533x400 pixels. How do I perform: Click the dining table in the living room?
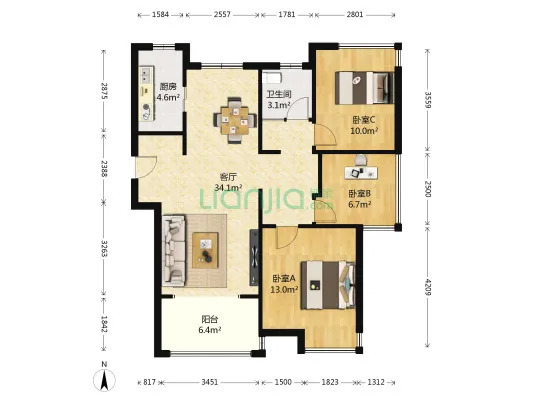pyautogui.click(x=235, y=120)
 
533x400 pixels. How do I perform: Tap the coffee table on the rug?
pyautogui.click(x=205, y=250)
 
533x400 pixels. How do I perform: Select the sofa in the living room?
pyautogui.click(x=174, y=250)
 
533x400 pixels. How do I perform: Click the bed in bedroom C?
pyautogui.click(x=364, y=88)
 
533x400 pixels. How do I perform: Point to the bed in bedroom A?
pyautogui.click(x=328, y=285)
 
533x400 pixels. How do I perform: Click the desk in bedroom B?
pyautogui.click(x=361, y=173)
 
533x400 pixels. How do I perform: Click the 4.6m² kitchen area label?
pyautogui.click(x=168, y=97)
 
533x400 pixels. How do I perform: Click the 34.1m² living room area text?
pyautogui.click(x=228, y=187)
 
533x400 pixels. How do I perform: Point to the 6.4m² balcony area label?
pyautogui.click(x=210, y=329)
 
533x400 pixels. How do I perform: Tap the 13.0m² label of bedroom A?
pyautogui.click(x=284, y=290)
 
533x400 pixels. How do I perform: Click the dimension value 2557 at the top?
pyautogui.click(x=222, y=15)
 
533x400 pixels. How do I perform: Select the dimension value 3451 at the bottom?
pyautogui.click(x=209, y=382)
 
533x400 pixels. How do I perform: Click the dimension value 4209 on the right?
pyautogui.click(x=428, y=288)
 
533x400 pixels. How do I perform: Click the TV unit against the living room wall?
pyautogui.click(x=254, y=257)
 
